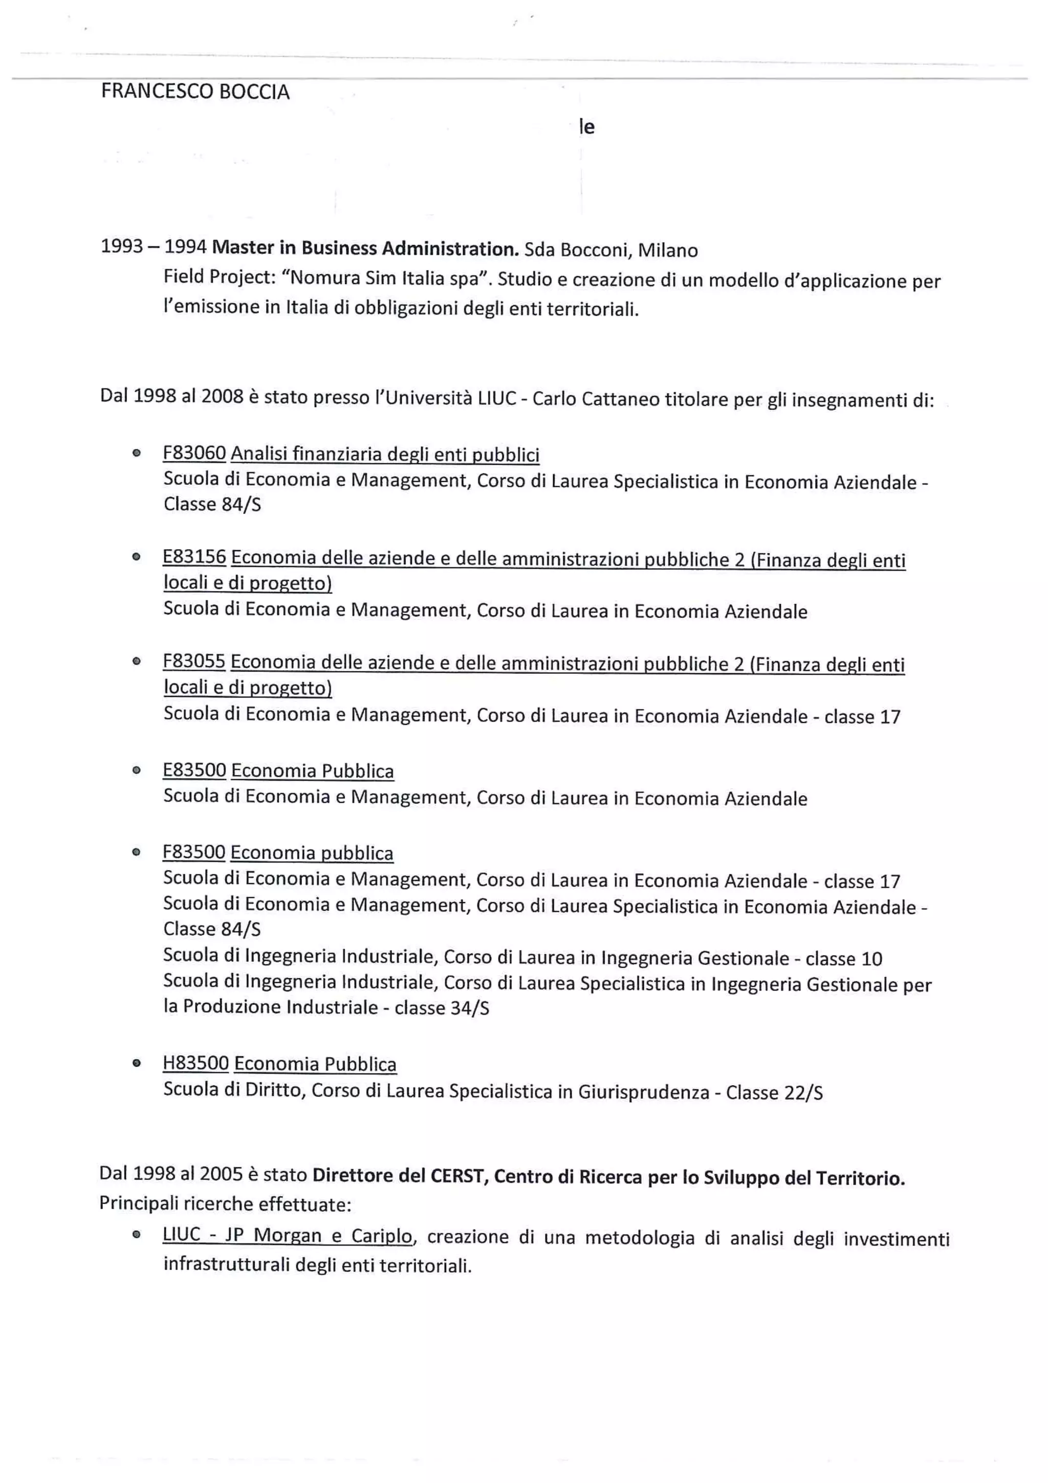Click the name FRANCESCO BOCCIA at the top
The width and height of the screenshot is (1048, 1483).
coord(195,92)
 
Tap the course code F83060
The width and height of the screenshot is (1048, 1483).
coord(194,454)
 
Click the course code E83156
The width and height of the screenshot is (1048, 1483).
coord(194,557)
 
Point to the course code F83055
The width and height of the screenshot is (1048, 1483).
coord(194,661)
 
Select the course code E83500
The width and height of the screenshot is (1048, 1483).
coord(194,770)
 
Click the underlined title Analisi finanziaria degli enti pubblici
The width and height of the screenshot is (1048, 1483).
coord(385,455)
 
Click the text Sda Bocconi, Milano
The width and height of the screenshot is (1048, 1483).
coord(611,250)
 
